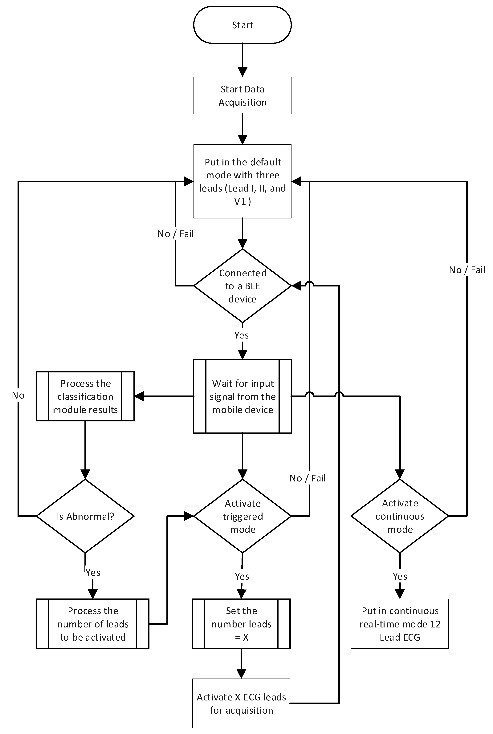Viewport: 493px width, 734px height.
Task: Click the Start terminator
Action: pyautogui.click(x=242, y=25)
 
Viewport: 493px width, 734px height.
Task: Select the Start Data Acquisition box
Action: pyautogui.click(x=242, y=95)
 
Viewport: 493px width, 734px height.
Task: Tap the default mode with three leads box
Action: pyautogui.click(x=242, y=181)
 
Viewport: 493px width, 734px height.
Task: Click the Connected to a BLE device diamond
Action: pyautogui.click(x=242, y=286)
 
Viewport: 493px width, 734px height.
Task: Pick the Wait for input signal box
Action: pyautogui.click(x=242, y=396)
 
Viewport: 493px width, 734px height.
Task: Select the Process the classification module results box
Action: pyautogui.click(x=85, y=396)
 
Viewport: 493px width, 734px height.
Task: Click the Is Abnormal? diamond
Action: pyautogui.click(x=85, y=516)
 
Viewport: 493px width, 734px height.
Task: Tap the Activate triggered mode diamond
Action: pyautogui.click(x=242, y=516)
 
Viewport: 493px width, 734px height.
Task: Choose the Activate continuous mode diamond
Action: pyautogui.click(x=400, y=516)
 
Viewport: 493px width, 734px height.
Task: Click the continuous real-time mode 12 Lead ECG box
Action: pyautogui.click(x=400, y=624)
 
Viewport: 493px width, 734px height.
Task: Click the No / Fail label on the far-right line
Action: pyautogui.click(x=467, y=270)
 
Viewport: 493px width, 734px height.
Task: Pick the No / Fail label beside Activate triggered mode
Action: pyautogui.click(x=308, y=478)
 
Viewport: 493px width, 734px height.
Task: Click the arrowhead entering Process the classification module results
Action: pyautogui.click(x=139, y=396)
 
